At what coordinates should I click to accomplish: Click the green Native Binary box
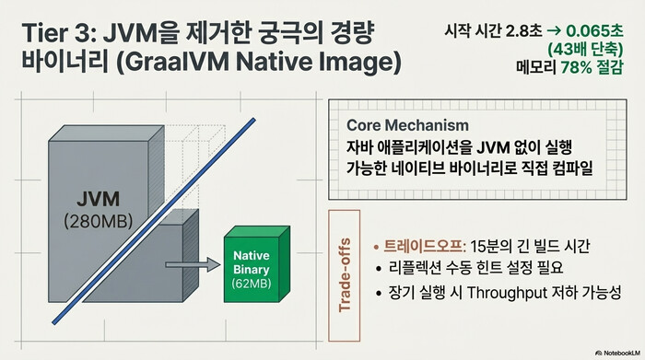point(259,266)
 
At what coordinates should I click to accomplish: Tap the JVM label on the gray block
point(97,199)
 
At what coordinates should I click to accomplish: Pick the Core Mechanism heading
point(407,125)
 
